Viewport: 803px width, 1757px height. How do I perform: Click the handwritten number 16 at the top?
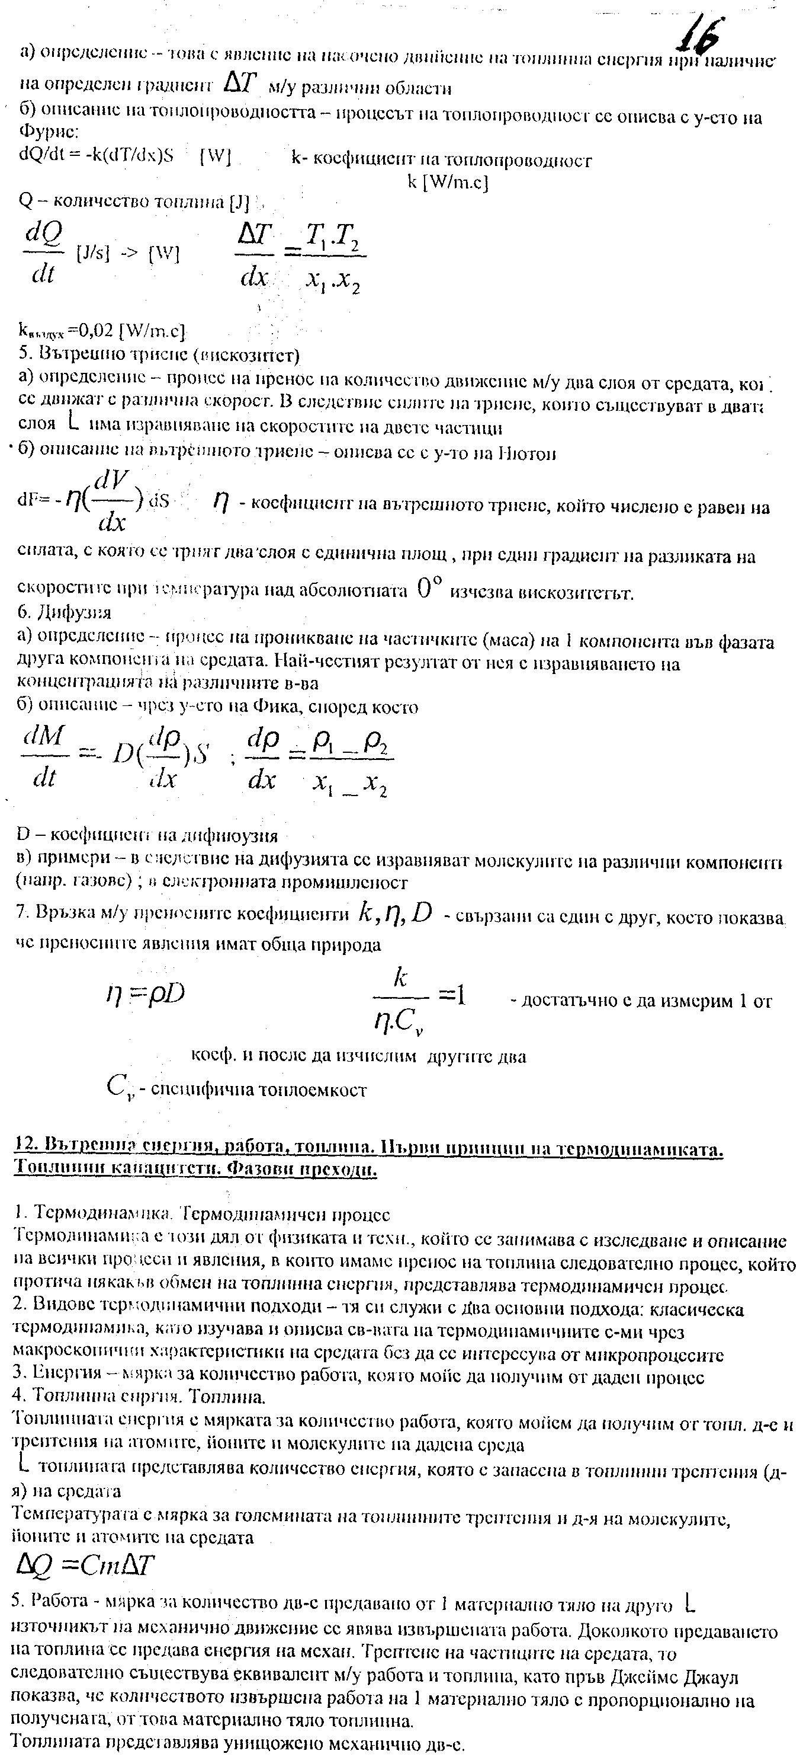[x=699, y=34]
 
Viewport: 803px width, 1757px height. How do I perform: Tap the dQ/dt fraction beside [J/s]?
[x=44, y=254]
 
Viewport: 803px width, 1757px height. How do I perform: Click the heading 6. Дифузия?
[x=64, y=612]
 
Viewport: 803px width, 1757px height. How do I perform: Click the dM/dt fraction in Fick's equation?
[x=44, y=755]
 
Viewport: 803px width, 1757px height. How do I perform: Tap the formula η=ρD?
[x=144, y=995]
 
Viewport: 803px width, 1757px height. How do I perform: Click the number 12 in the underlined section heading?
[x=23, y=1149]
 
